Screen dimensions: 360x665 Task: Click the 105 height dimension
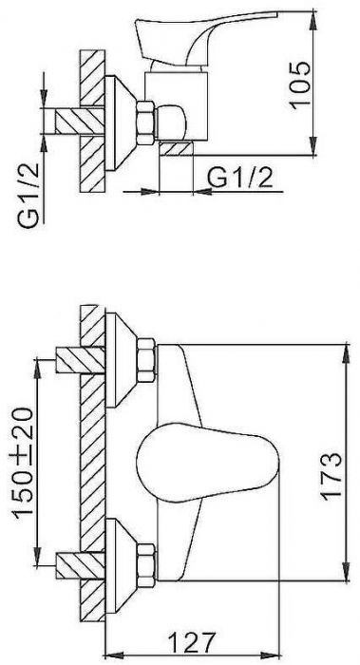(x=300, y=85)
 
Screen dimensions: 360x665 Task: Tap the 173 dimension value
(x=332, y=477)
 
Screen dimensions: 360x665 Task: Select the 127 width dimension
(x=192, y=643)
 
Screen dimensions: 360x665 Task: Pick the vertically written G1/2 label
(x=28, y=196)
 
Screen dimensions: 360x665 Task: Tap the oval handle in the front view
(x=207, y=463)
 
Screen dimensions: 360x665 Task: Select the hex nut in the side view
(x=145, y=123)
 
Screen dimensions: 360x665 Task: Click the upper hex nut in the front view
(x=146, y=360)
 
